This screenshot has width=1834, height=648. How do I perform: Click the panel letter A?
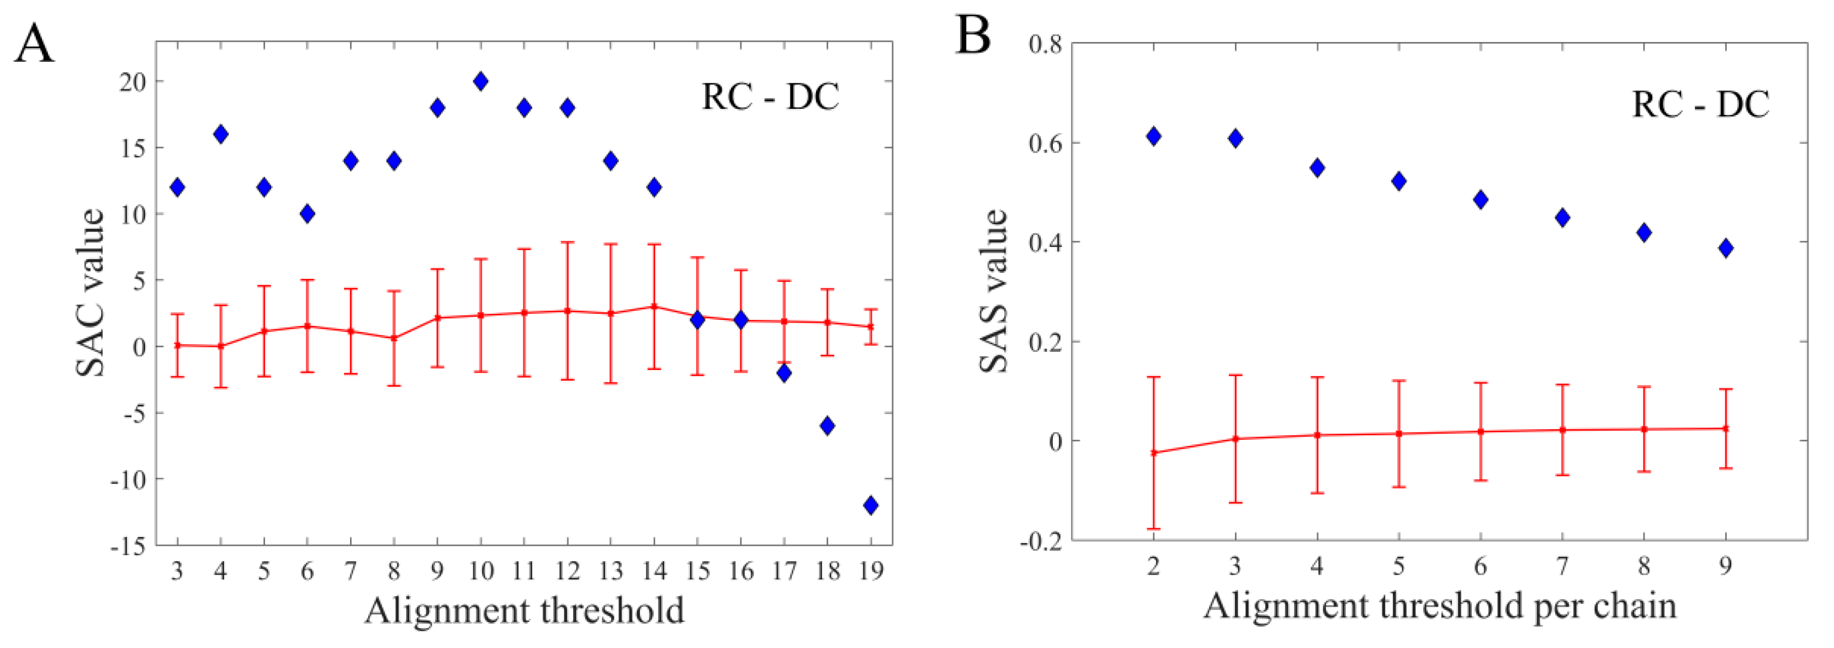[x=34, y=44]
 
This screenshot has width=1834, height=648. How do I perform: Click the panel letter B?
[x=973, y=35]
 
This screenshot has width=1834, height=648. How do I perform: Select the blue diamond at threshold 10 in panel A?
[x=480, y=81]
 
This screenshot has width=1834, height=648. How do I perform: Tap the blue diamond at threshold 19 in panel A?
[x=870, y=505]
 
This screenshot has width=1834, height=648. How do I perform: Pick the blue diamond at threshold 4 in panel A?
[x=221, y=134]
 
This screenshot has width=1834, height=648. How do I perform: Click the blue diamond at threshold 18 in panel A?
[x=826, y=426]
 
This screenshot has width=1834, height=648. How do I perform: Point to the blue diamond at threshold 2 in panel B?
[x=1154, y=136]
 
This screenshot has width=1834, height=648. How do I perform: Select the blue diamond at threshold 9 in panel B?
[x=1726, y=249]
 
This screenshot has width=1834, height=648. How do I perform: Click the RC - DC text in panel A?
[x=770, y=97]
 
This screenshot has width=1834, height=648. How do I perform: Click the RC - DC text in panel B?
[x=1700, y=104]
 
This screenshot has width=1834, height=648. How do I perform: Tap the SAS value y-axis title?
[x=994, y=291]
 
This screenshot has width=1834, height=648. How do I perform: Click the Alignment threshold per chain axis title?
[x=1440, y=607]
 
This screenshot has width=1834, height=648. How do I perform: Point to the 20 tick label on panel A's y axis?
[x=132, y=82]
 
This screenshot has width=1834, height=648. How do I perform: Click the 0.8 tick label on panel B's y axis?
[x=1045, y=44]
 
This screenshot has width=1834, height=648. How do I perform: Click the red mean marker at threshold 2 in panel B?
[x=1154, y=453]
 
